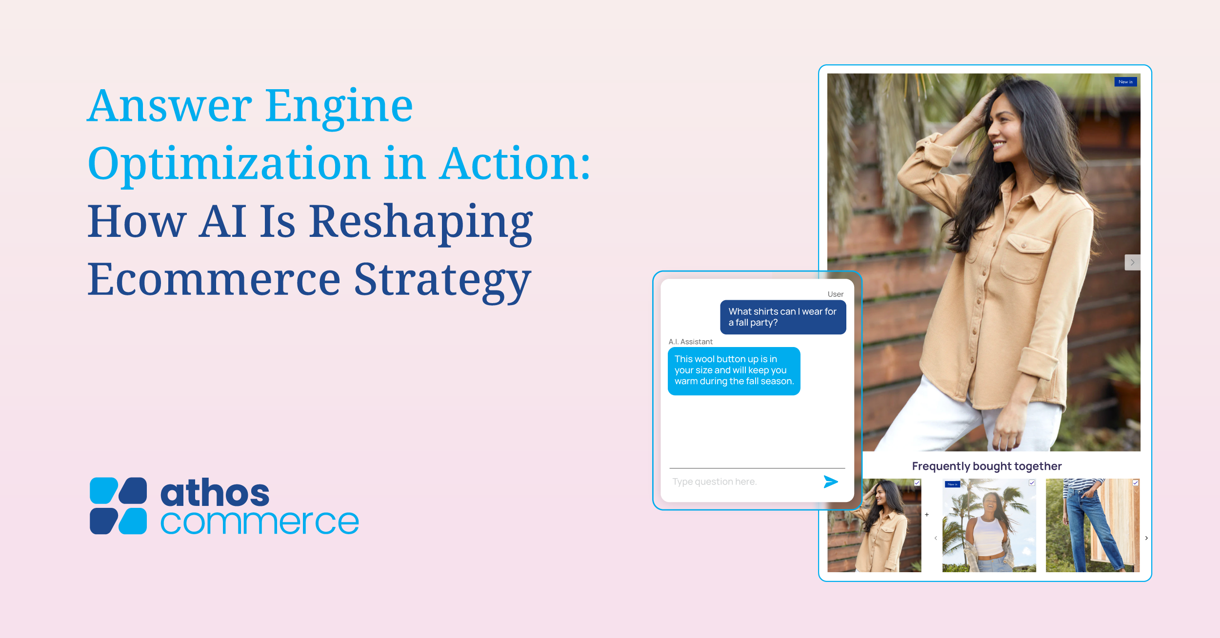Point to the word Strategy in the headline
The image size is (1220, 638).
click(x=442, y=281)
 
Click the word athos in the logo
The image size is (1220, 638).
click(x=215, y=492)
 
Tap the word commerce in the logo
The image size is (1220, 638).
click(x=260, y=522)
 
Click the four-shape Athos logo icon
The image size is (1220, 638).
click(x=119, y=506)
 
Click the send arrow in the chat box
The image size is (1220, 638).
click(x=831, y=482)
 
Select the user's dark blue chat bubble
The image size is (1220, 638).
click(x=783, y=317)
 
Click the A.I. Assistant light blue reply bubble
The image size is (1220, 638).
click(x=734, y=371)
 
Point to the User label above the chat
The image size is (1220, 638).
click(x=836, y=294)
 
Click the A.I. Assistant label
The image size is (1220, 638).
click(x=691, y=342)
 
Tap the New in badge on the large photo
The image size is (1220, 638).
click(x=1126, y=82)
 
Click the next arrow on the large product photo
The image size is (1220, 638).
click(x=1133, y=262)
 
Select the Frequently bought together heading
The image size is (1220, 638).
click(x=987, y=466)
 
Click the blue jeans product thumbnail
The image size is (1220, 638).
click(x=1093, y=525)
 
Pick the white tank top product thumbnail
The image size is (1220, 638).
click(x=989, y=525)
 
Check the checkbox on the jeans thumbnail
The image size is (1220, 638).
click(x=1136, y=483)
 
